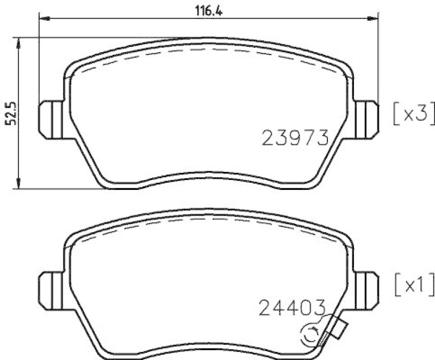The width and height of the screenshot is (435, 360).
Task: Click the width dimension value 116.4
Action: pos(209,9)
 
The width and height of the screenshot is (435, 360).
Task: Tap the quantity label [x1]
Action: pos(413,283)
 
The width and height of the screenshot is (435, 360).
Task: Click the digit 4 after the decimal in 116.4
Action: pos(221,9)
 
